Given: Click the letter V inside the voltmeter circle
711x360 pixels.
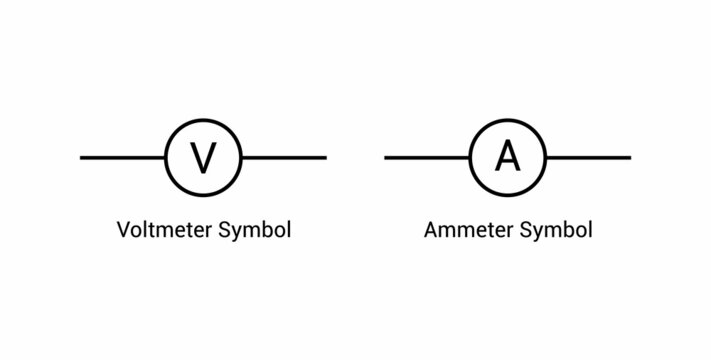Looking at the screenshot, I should click(203, 158).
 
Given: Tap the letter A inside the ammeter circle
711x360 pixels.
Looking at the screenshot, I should click(508, 157).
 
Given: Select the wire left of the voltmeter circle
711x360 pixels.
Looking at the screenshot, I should click(122, 158).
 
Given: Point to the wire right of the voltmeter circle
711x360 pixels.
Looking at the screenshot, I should click(284, 158).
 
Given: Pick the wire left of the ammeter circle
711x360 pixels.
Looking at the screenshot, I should click(427, 158).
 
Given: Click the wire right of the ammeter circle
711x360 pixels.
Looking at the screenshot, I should click(589, 158).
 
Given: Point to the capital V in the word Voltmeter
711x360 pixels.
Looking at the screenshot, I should click(124, 229).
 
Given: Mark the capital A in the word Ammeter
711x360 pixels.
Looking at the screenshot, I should click(431, 229).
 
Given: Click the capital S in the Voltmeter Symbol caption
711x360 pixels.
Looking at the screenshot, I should click(225, 229).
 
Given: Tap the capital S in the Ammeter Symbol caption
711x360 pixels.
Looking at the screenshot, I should click(525, 229).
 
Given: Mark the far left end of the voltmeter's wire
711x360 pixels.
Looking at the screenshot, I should click(82, 158).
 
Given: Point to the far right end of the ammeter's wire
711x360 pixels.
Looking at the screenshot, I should click(629, 158).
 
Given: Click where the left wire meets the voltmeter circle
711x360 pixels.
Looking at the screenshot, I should click(166, 158).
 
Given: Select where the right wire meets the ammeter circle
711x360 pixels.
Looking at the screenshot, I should click(546, 158).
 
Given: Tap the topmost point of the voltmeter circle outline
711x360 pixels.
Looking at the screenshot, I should click(203, 120).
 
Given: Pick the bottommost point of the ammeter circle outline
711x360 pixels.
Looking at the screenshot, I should click(508, 195).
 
